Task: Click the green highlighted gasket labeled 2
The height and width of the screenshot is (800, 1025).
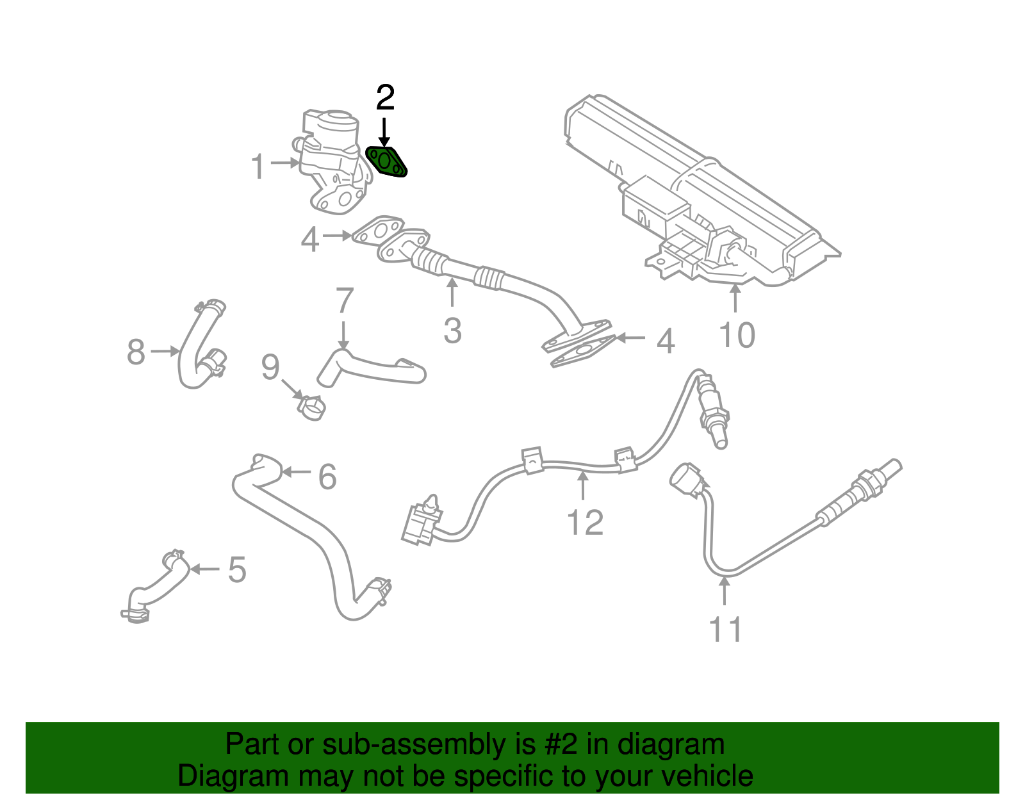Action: click(x=386, y=162)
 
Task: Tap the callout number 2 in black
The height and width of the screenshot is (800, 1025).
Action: click(x=385, y=98)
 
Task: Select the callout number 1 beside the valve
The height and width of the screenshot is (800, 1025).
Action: click(x=258, y=167)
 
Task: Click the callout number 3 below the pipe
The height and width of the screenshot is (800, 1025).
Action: click(x=452, y=331)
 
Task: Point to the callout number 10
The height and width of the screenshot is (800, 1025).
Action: click(x=737, y=336)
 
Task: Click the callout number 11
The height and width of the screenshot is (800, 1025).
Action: click(x=725, y=630)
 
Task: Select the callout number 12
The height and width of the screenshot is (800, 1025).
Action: click(x=585, y=523)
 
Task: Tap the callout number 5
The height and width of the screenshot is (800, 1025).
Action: click(x=237, y=569)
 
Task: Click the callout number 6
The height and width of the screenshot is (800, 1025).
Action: click(x=327, y=477)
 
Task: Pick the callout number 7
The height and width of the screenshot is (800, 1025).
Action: click(x=345, y=300)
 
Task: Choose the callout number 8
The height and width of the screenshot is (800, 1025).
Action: click(x=136, y=352)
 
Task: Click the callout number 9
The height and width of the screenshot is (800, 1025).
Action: click(x=270, y=368)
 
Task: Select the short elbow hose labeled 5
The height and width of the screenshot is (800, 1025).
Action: click(x=157, y=586)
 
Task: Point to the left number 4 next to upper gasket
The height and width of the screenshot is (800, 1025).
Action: click(x=310, y=240)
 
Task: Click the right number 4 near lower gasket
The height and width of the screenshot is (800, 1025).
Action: click(x=666, y=341)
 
